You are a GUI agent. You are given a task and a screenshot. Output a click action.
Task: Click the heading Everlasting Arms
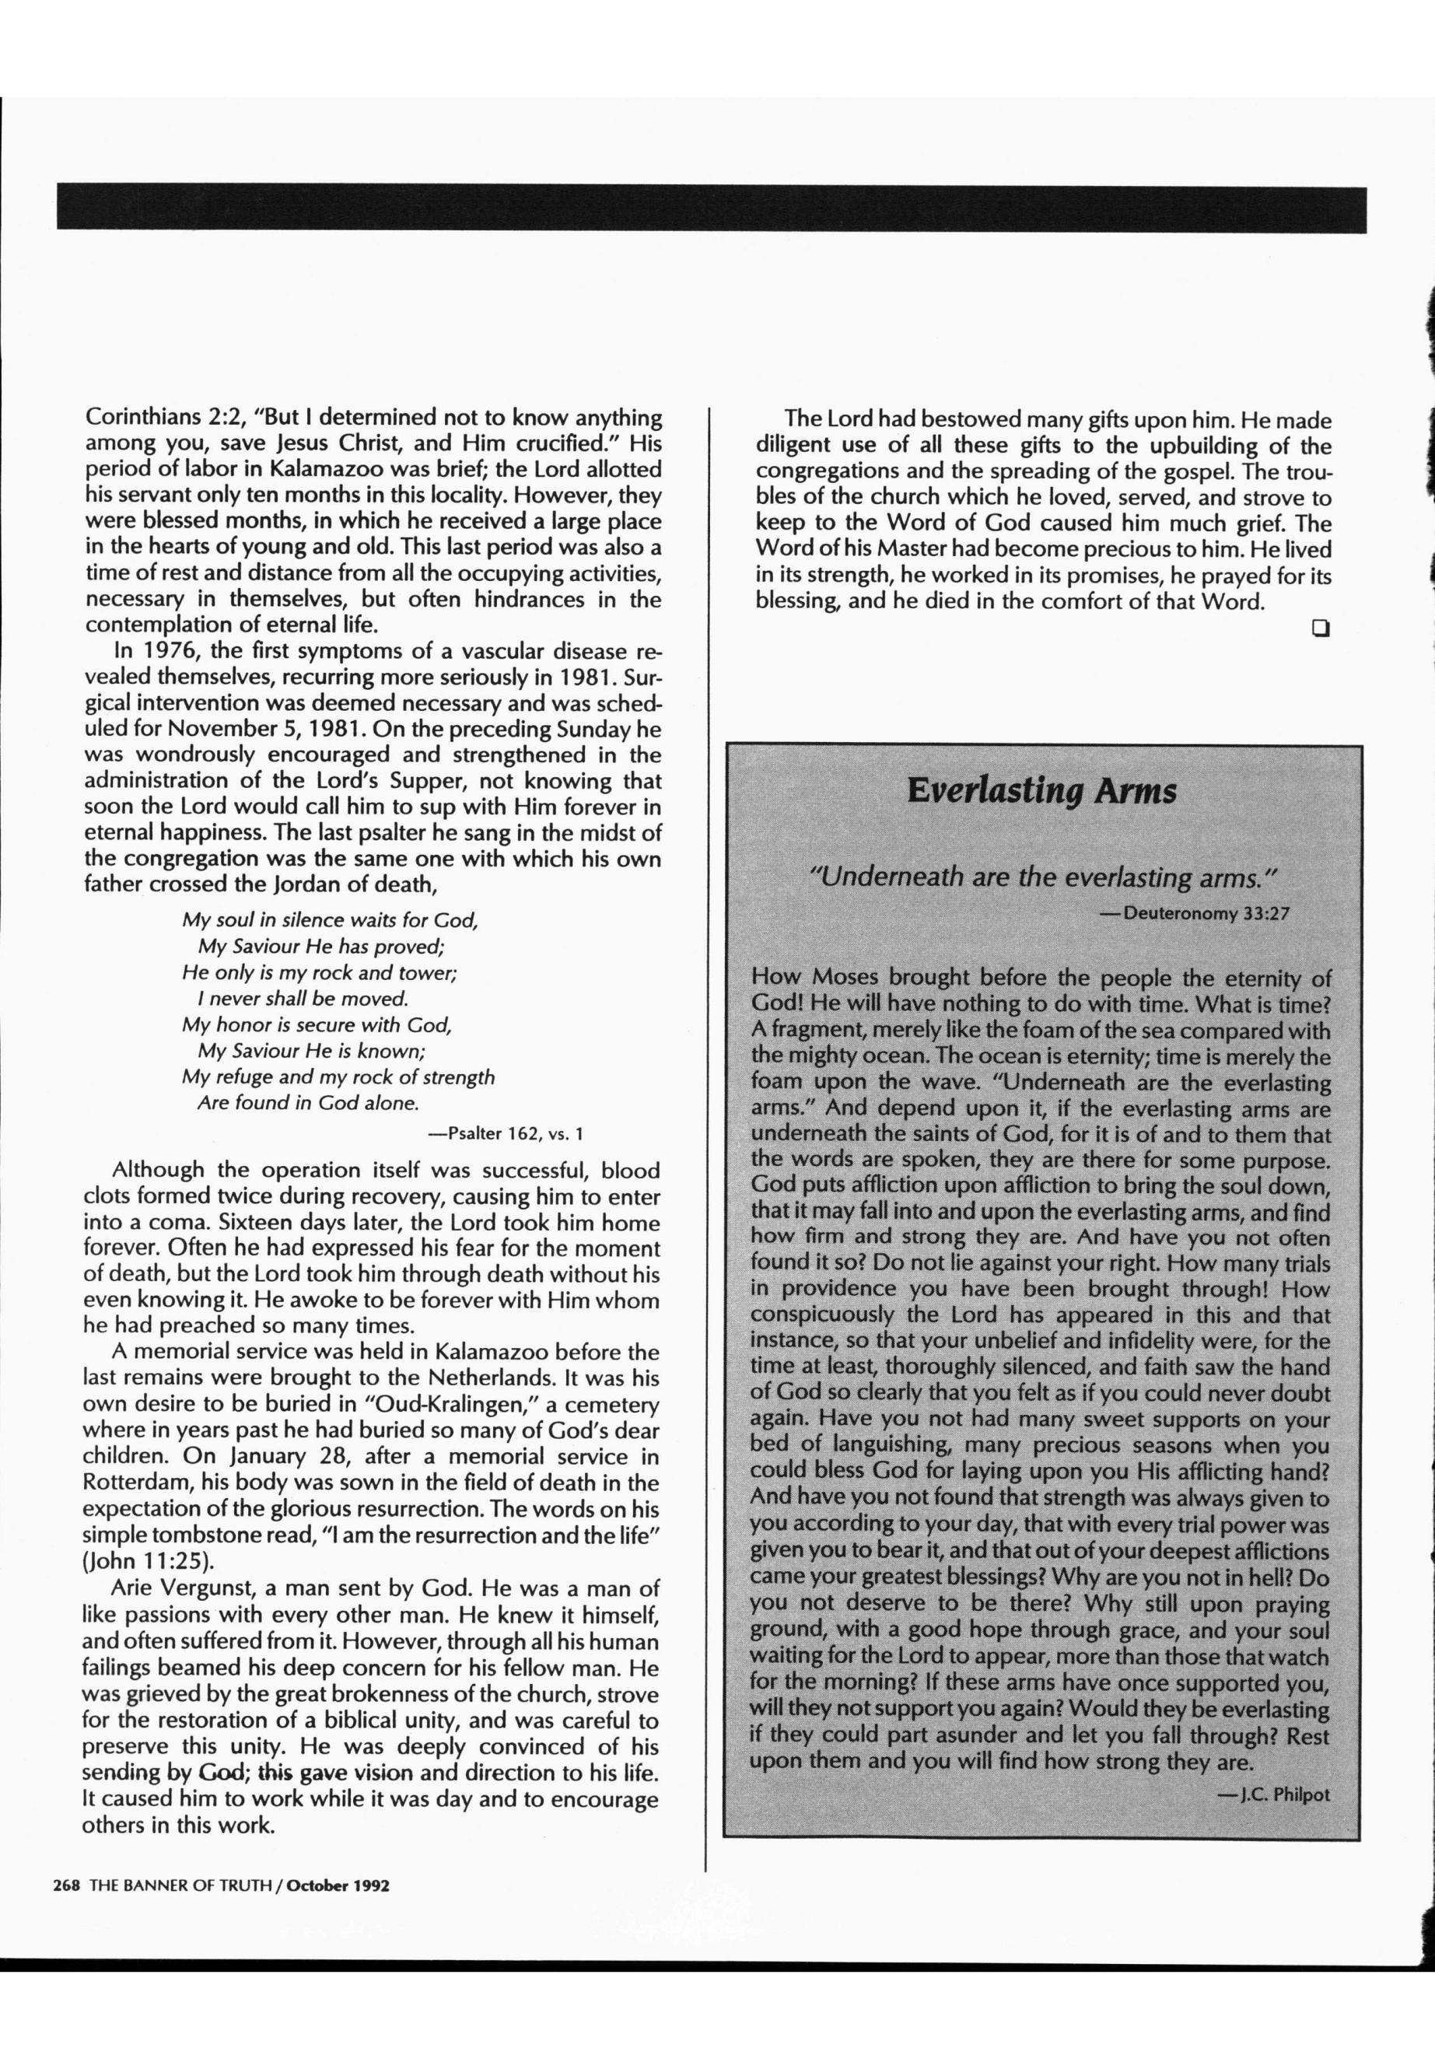pos(1041,791)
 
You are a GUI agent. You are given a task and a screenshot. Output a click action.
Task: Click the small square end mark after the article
pos(1320,628)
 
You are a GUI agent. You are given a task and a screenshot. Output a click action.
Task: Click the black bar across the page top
pos(710,208)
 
